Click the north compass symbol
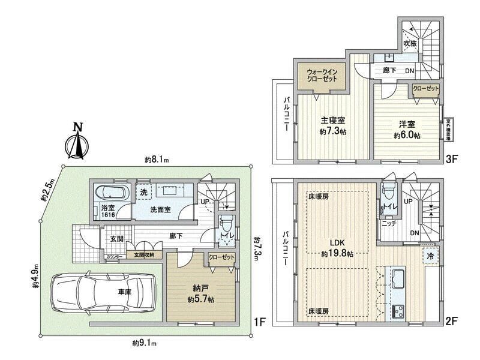click(77, 141)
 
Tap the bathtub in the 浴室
click(112, 193)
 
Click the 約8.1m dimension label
click(157, 160)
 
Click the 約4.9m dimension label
click(35, 277)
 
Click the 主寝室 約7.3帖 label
click(332, 125)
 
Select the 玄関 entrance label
click(117, 238)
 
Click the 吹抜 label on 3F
click(410, 43)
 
